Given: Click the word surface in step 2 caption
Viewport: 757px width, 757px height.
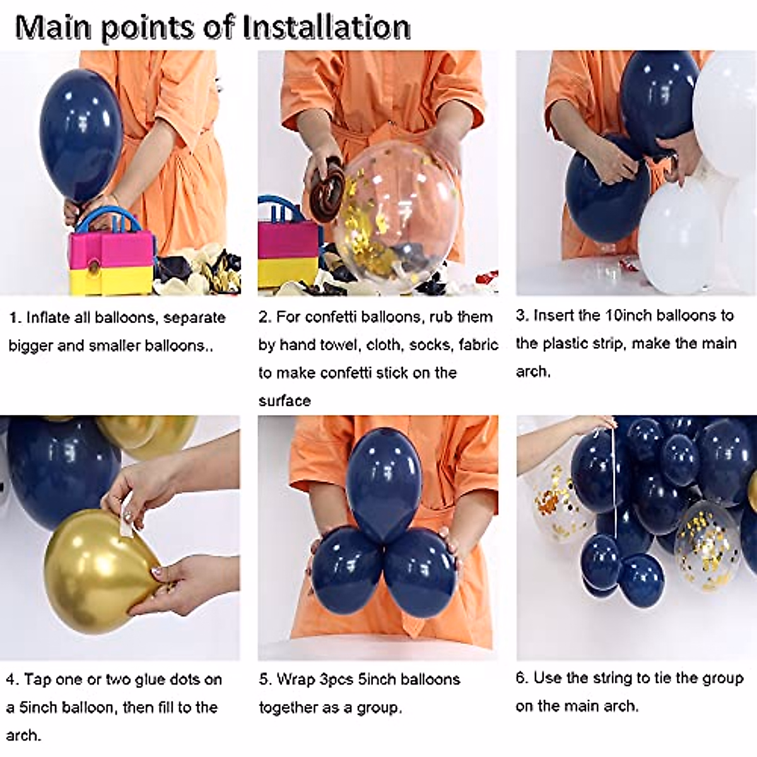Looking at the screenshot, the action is pos(285,401).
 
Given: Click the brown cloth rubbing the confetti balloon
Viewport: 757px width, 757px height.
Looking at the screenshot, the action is pos(326,185).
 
